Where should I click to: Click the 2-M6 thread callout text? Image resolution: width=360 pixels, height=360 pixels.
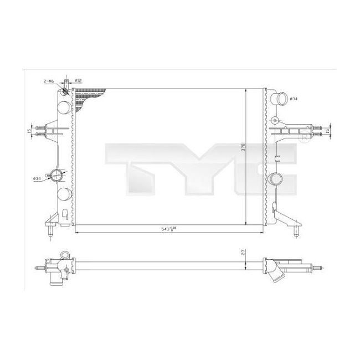coord(49,81)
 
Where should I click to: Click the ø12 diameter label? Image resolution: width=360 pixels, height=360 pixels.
coord(78,81)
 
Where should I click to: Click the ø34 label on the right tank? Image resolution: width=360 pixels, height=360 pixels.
coord(294,99)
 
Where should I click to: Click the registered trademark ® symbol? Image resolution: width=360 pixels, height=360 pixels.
coord(304,135)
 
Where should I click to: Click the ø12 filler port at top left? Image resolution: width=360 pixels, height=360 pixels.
coord(66,91)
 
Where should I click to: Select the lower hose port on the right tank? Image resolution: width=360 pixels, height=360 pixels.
coord(277,179)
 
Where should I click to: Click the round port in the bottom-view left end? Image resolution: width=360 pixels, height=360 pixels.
coord(66,256)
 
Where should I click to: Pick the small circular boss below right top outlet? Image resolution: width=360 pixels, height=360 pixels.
coord(275,119)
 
